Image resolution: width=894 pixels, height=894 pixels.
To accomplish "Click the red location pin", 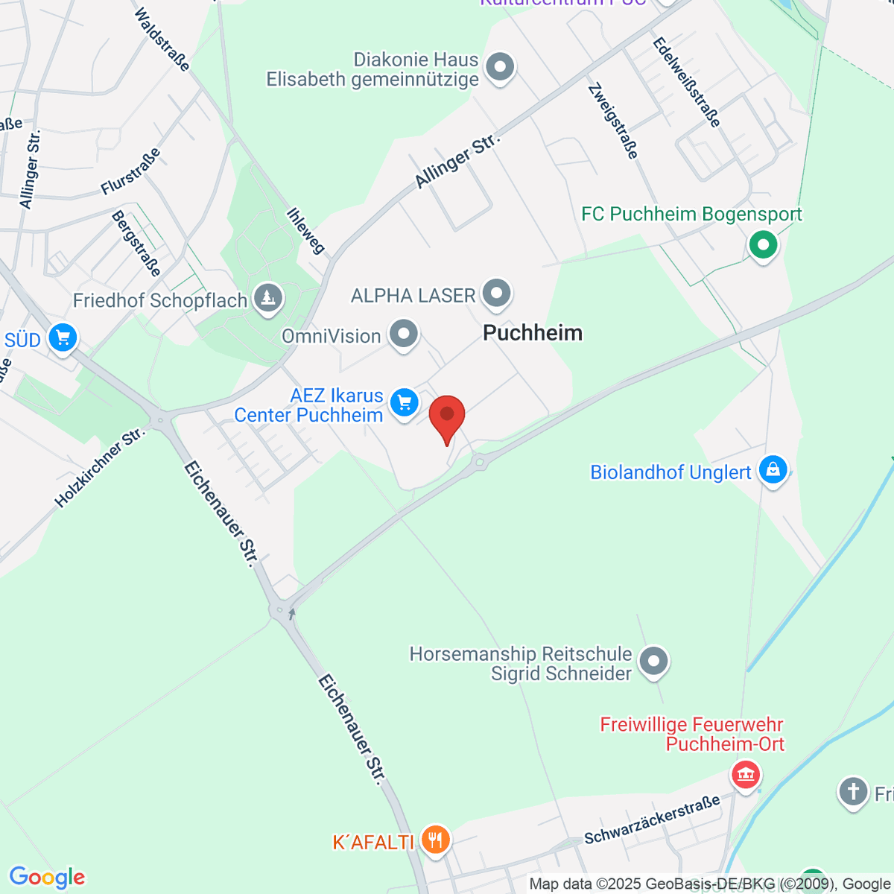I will [x=447, y=416].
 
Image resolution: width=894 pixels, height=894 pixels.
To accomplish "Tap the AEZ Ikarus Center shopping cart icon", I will [x=404, y=402].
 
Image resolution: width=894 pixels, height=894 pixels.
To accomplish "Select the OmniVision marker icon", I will [x=404, y=334].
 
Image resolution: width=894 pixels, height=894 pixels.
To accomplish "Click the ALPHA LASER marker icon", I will [x=496, y=294].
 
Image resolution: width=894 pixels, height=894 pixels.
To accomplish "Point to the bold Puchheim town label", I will [x=533, y=333].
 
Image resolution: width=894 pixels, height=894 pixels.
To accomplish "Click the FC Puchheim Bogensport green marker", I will [x=763, y=244].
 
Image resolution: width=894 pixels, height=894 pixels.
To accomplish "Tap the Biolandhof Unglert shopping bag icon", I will [x=773, y=470].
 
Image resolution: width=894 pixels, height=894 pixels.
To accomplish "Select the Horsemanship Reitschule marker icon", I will [x=654, y=661].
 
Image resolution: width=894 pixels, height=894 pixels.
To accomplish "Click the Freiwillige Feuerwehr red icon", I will [x=745, y=774].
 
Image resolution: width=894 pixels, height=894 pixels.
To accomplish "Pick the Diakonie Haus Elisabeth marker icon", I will [x=500, y=68].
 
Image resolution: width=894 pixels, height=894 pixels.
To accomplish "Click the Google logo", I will [x=47, y=878].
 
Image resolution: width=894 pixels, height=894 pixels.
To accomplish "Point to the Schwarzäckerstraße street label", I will [x=652, y=819].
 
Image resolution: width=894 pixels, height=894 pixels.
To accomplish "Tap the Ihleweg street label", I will [x=306, y=230].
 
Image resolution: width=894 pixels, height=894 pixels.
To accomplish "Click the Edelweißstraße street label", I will [x=687, y=82].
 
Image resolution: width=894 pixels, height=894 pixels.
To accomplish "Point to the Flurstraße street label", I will [x=131, y=171].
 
